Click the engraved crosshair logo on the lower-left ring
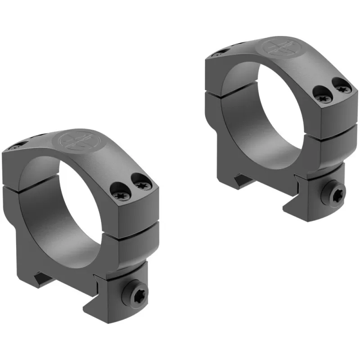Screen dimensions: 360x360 click(x=75, y=140)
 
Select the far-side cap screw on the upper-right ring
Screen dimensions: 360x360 click(x=218, y=54)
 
